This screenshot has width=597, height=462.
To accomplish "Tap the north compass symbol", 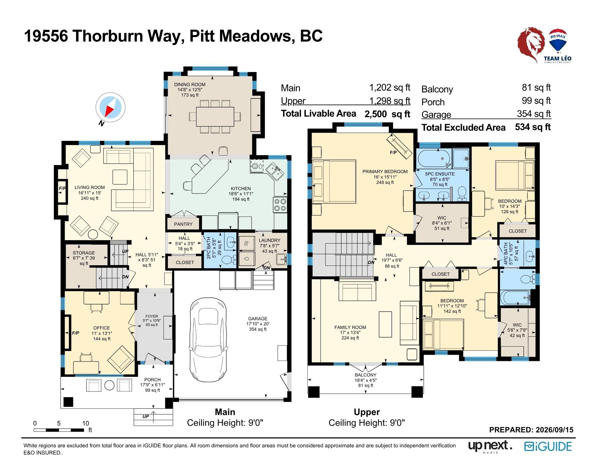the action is [110, 107].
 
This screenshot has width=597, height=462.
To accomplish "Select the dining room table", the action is [215, 116].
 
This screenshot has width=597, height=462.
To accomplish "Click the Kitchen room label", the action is [241, 189].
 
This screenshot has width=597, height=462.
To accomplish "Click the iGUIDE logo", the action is [548, 446].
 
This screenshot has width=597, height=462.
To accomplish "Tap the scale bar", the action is [59, 430].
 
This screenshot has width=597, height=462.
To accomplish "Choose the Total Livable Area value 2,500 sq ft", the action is [387, 114].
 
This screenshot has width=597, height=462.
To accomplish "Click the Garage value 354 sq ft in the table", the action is [534, 114].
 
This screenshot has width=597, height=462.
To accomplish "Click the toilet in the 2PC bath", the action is [229, 260].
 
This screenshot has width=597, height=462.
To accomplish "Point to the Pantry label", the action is [183, 224].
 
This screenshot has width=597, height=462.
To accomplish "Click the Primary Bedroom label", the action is [385, 172].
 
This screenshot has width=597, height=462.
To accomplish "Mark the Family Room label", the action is [350, 327].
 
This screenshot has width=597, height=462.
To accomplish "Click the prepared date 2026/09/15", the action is [555, 430].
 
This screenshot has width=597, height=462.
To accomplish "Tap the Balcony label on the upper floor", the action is [366, 375].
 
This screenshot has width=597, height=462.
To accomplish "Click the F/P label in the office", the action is [76, 333].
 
